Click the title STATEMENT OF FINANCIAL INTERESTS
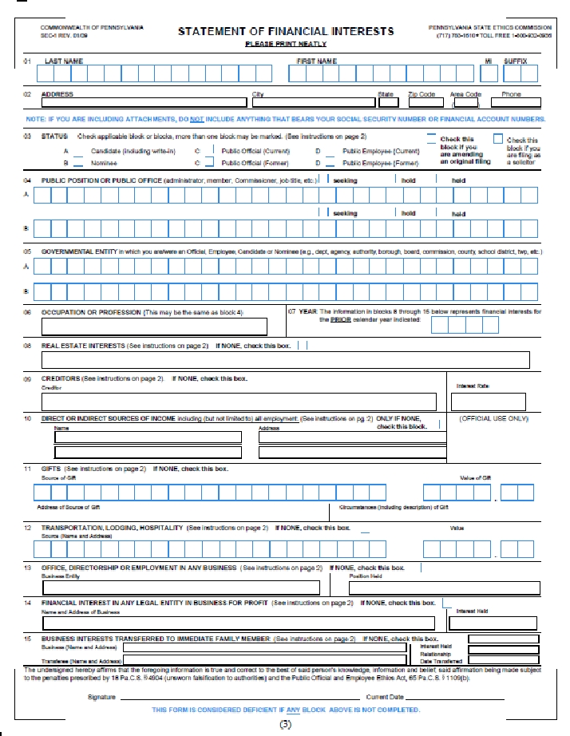click(x=286, y=31)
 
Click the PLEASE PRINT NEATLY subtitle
click(x=286, y=45)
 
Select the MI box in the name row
click(x=489, y=74)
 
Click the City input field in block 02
click(x=312, y=102)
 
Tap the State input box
click(x=388, y=102)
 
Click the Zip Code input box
click(x=422, y=102)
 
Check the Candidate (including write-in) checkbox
click(x=79, y=150)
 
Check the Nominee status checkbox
click(x=79, y=162)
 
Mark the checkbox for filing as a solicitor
click(x=498, y=137)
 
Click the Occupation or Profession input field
click(x=154, y=326)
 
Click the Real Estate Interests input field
click(x=285, y=360)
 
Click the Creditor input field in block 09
click(x=239, y=402)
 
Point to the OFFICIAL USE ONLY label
click(x=493, y=418)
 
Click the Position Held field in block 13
click(x=439, y=588)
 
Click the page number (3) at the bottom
click(x=285, y=724)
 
